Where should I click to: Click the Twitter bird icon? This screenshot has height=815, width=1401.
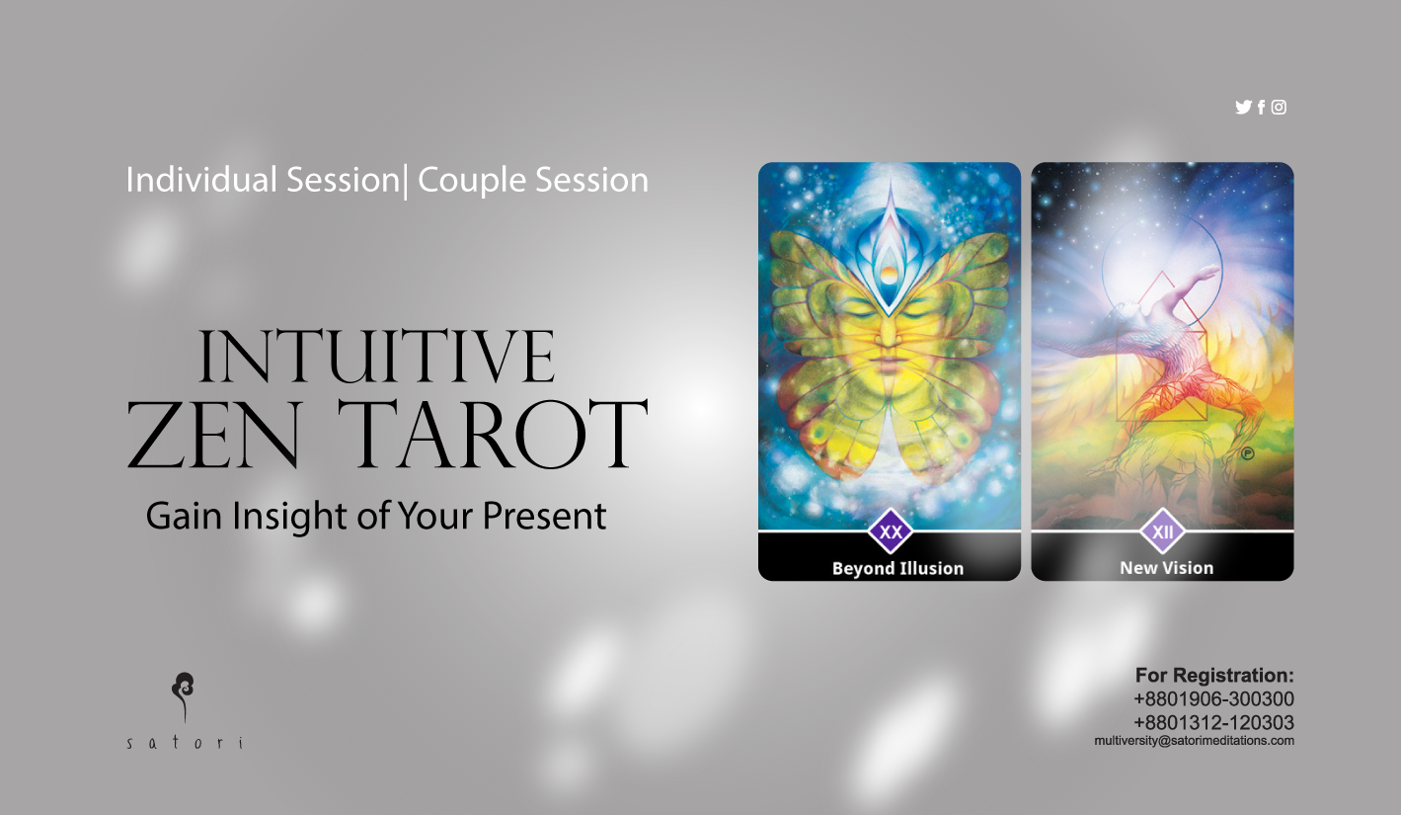[1243, 108]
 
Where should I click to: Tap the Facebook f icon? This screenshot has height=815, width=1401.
[1262, 108]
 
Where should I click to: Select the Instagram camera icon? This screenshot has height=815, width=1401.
[1279, 108]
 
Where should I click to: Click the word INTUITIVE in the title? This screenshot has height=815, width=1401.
[376, 357]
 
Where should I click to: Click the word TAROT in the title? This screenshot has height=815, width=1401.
[493, 435]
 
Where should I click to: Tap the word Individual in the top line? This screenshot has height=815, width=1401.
[201, 180]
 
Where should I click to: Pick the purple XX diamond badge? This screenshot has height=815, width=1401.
[891, 531]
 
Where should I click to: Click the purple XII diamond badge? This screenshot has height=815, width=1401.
[1163, 531]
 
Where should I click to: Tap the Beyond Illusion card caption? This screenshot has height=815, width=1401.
[897, 568]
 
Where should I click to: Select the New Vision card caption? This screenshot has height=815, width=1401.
[1166, 568]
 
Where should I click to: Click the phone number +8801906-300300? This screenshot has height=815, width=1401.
[1214, 698]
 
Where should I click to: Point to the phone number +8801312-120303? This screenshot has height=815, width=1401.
[1214, 722]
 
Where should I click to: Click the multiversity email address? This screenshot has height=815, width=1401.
[1194, 741]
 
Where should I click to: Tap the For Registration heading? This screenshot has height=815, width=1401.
[1214, 676]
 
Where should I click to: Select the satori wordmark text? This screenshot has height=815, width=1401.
[185, 743]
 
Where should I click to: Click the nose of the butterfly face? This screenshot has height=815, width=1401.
[889, 332]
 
